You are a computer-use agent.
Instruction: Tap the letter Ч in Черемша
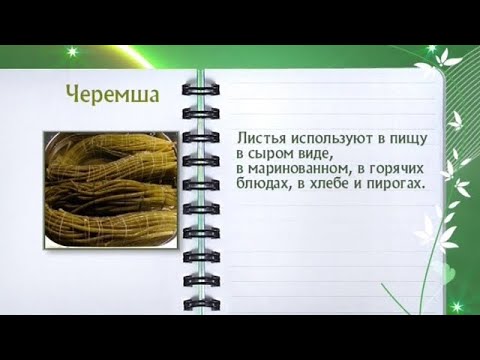coord(73,93)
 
